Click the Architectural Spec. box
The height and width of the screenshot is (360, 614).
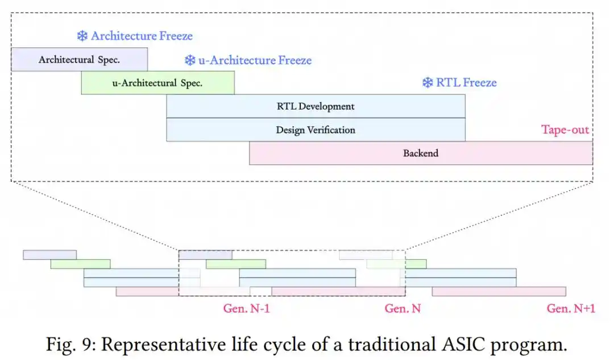[x=80, y=60]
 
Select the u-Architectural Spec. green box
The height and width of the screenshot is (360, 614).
[x=158, y=82]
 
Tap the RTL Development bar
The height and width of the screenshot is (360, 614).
[x=316, y=106]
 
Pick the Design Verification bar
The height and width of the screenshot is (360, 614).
[x=316, y=130]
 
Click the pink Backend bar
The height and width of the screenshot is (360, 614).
[x=421, y=153]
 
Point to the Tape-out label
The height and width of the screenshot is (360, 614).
[x=565, y=130]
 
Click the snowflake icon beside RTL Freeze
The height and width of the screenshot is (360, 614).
[x=428, y=82]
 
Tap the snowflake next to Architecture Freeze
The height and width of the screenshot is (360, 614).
[x=82, y=36]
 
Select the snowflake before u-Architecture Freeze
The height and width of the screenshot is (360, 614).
[x=190, y=60]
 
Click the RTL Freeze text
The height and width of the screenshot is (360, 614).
[x=466, y=82]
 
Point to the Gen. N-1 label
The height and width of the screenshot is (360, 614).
[x=246, y=309]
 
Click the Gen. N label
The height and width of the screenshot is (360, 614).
[x=403, y=309]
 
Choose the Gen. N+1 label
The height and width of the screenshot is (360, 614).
[x=571, y=309]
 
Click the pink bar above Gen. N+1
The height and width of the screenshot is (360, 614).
[x=499, y=291]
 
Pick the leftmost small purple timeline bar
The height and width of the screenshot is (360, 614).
[x=49, y=255]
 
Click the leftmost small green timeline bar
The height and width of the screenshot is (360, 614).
[x=80, y=264]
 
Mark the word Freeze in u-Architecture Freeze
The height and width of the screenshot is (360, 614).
[x=295, y=60]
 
